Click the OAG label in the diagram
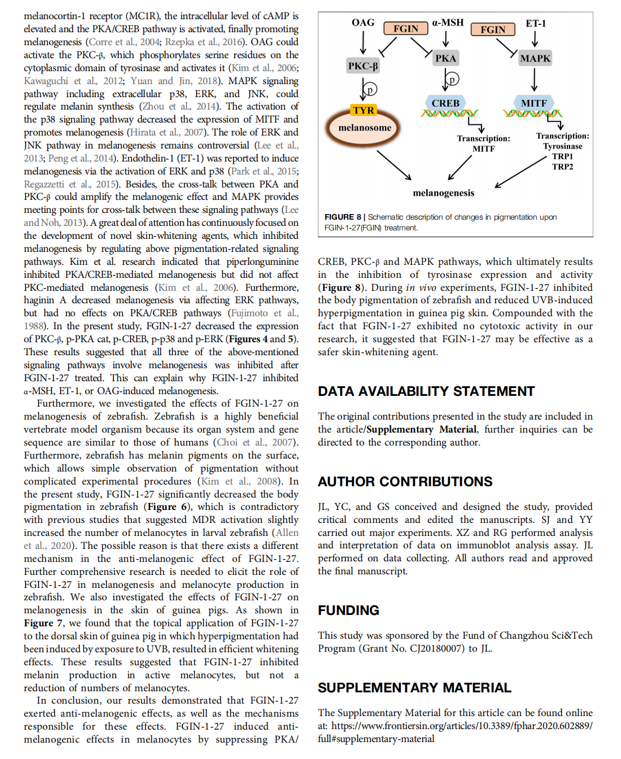[x=363, y=23]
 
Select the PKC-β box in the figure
[x=363, y=66]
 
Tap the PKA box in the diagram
[x=445, y=58]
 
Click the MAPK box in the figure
[x=535, y=58]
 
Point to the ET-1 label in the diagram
[x=536, y=24]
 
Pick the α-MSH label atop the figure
[x=448, y=23]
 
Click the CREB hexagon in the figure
[x=445, y=103]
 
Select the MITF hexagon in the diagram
[x=533, y=103]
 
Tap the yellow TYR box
[x=364, y=110]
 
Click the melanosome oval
[x=364, y=128]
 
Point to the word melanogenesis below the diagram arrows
[x=443, y=193]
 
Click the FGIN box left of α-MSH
[x=406, y=29]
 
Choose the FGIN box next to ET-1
[x=493, y=29]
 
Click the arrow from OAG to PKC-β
[x=363, y=42]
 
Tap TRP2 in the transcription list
[x=562, y=167]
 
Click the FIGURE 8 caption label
[x=343, y=217]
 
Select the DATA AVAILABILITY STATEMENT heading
[x=426, y=391]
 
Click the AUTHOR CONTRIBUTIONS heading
[x=405, y=482]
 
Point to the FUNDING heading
[x=348, y=610]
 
